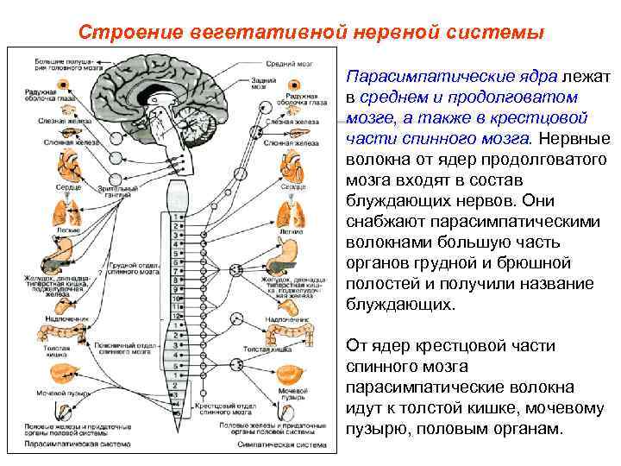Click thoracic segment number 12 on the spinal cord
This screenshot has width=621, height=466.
point(176,317)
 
